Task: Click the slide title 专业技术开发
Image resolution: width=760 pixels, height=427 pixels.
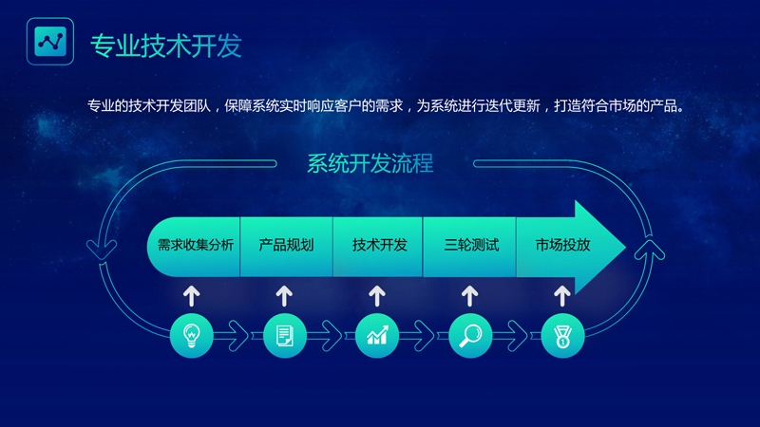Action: (165, 45)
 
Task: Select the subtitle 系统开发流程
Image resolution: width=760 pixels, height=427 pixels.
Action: (370, 163)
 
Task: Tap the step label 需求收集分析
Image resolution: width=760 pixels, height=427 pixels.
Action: (195, 245)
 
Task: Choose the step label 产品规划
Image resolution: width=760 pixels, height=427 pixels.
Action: (286, 245)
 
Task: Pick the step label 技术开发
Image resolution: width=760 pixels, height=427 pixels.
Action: (379, 245)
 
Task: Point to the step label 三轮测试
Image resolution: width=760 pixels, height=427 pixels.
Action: (471, 245)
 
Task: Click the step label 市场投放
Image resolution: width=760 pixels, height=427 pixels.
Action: (562, 245)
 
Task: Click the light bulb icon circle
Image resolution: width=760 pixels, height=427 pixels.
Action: (192, 335)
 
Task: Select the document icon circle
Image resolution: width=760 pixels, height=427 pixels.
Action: (285, 335)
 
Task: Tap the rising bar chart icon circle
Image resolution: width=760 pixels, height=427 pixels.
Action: (377, 335)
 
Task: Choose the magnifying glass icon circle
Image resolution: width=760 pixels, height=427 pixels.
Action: (469, 335)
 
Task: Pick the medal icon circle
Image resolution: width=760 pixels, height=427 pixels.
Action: (562, 335)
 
